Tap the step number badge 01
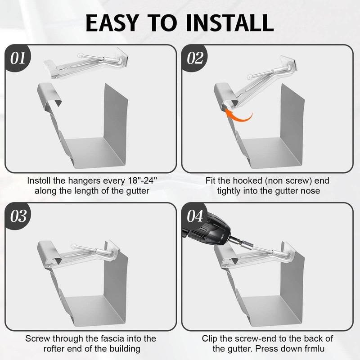(x=18, y=58)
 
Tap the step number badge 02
(x=195, y=58)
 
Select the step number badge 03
(x=18, y=216)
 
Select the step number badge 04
(x=195, y=216)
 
